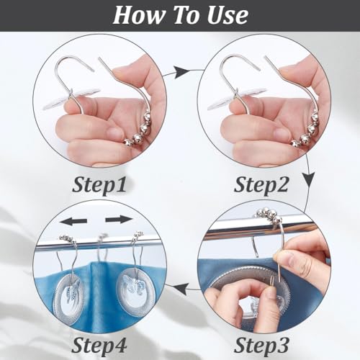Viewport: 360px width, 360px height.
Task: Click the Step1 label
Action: tap(99, 185)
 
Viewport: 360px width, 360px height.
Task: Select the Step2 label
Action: tap(261, 185)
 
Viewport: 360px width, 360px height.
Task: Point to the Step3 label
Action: tap(261, 345)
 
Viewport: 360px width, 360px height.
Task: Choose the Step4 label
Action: tap(99, 345)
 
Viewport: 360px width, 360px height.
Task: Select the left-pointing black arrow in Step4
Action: tap(73, 221)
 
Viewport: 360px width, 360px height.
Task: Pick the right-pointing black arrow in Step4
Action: tap(119, 219)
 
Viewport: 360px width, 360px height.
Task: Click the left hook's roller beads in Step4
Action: tap(67, 239)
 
